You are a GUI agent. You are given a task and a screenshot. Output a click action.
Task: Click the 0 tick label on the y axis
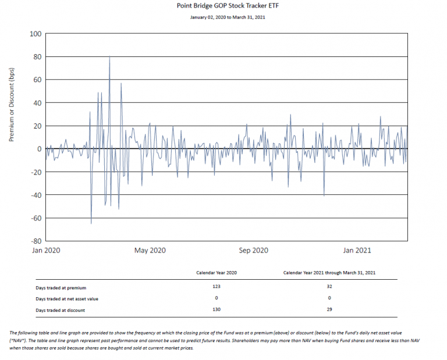pyautogui.click(x=39, y=149)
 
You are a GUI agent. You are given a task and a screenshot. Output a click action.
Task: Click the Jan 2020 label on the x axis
pyautogui.click(x=45, y=251)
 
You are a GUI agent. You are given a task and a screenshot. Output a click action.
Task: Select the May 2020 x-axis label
pyautogui.click(x=150, y=251)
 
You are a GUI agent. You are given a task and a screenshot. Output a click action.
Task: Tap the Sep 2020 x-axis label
pyautogui.click(x=253, y=251)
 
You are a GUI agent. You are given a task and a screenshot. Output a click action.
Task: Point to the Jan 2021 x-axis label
pyautogui.click(x=356, y=251)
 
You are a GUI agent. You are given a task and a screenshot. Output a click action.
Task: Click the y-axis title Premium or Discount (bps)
pyautogui.click(x=12, y=105)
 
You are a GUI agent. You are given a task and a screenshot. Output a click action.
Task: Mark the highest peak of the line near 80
pyautogui.click(x=109, y=56)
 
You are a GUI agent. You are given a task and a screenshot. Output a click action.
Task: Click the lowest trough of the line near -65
pyautogui.click(x=91, y=223)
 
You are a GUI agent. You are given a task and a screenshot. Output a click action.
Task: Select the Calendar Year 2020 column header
pyautogui.click(x=216, y=273)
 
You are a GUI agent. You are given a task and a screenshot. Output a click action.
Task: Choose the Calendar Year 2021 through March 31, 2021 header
pyautogui.click(x=329, y=273)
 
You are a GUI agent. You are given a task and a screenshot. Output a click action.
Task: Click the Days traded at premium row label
pyautogui.click(x=61, y=287)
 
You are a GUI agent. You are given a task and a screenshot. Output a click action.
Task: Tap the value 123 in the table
pyautogui.click(x=216, y=287)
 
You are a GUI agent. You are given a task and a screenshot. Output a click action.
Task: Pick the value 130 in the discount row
pyautogui.click(x=216, y=310)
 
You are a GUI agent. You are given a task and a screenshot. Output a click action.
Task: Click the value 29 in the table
pyautogui.click(x=329, y=310)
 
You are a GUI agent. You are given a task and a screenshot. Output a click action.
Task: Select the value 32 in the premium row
pyautogui.click(x=329, y=287)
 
